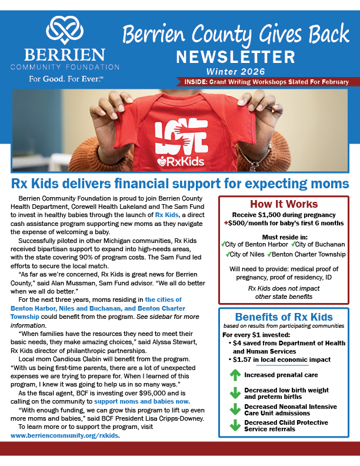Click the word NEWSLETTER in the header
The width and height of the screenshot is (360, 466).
(236, 56)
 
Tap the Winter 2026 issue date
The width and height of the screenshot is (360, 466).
(236, 71)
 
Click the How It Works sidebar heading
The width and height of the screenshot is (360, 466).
(284, 204)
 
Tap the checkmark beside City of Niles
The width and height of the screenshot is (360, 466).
(228, 254)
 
